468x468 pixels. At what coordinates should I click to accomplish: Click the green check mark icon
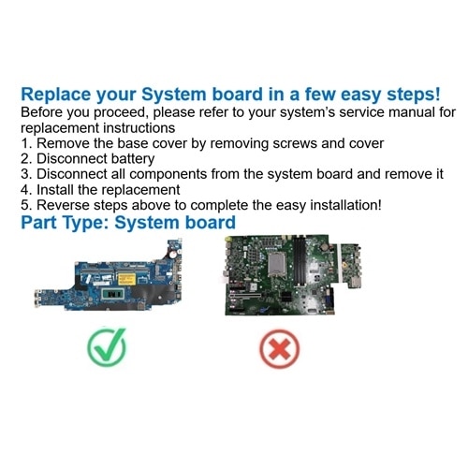pos(107,347)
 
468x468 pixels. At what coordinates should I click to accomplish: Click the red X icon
pos(279,349)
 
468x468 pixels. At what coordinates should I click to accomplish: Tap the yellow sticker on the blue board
pos(126,279)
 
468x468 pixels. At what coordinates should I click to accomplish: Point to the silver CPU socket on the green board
pos(277,264)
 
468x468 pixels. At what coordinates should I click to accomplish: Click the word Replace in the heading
pos(56,95)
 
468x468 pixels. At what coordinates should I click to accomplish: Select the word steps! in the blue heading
pos(414,95)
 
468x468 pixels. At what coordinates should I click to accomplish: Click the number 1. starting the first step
pos(26,143)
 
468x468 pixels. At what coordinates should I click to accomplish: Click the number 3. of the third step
pos(26,174)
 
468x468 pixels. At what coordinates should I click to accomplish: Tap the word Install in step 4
pos(54,190)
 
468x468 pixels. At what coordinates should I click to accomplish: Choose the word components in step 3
pos(168,175)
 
